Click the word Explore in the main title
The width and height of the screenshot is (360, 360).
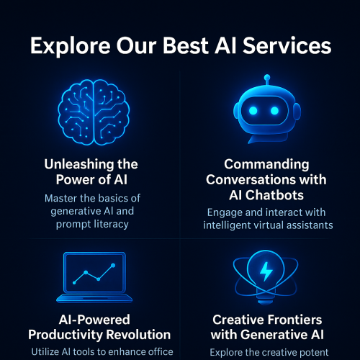pos(69,48)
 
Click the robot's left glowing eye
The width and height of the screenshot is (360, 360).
pos(254,109)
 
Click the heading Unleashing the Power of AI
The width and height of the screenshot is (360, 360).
pos(91,173)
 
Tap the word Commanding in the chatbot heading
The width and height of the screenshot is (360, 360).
pos(266,165)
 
